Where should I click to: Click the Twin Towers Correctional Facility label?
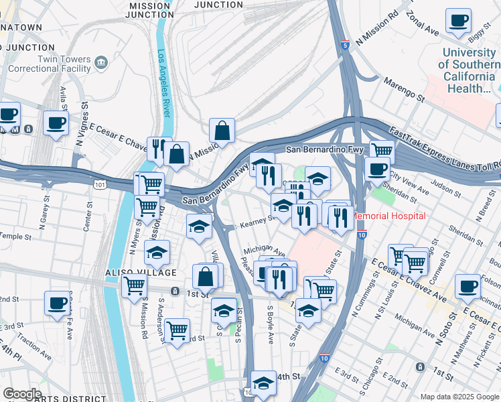pos(46,64)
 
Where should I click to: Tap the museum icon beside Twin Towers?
pos(102,63)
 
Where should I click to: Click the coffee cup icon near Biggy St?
pos(459,21)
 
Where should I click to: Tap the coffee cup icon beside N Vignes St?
pos(56,123)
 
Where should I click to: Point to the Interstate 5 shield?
pos(344,46)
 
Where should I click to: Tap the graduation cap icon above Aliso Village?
pos(157,253)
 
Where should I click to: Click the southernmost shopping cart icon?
pos(177,330)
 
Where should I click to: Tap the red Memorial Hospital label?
pos(389,216)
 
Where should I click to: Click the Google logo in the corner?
pos(21,394)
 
